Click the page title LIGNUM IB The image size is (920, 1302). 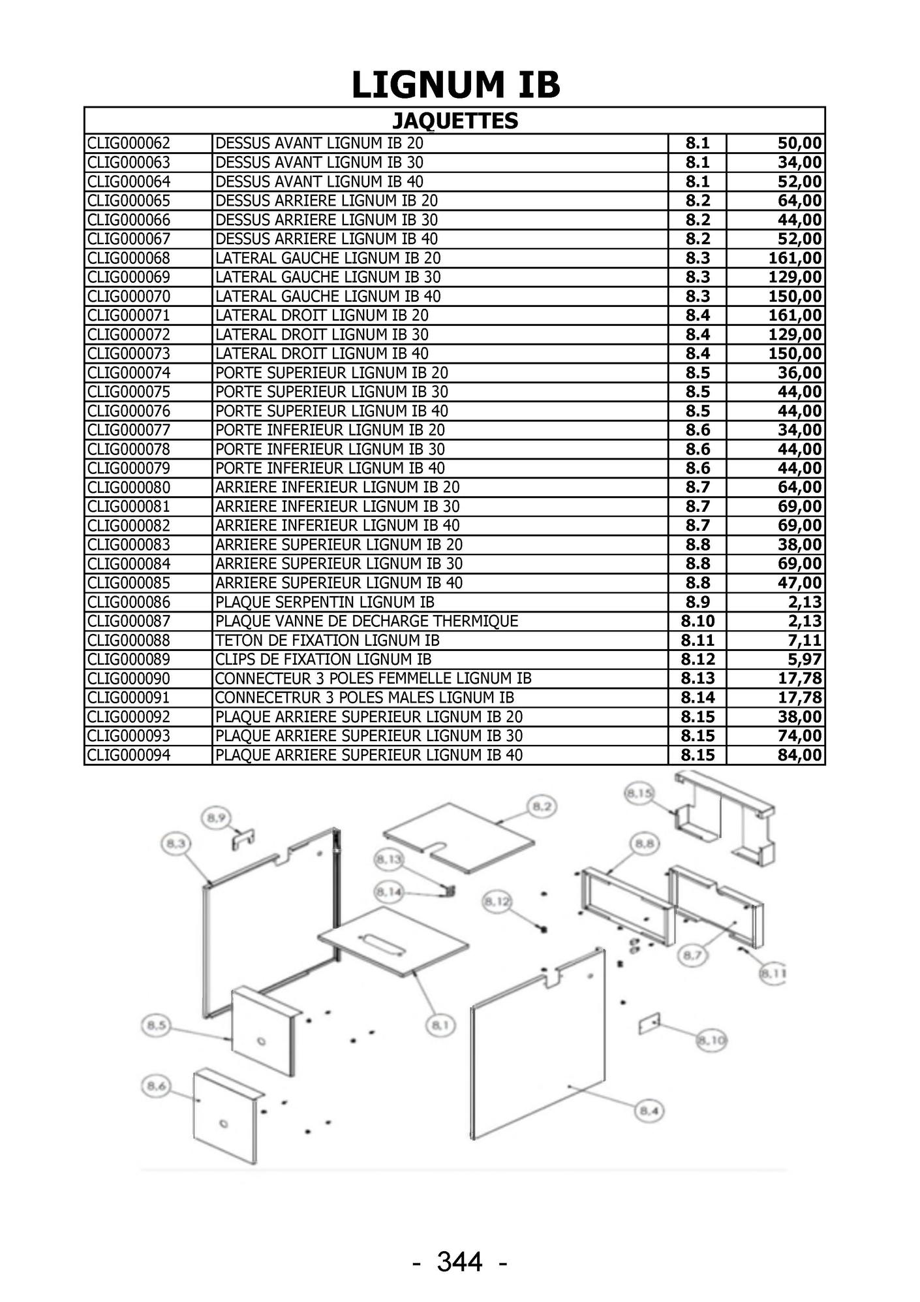[455, 86]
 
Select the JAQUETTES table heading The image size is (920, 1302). [455, 121]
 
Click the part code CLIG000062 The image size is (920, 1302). [129, 144]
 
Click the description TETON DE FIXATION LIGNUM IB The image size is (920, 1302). [328, 641]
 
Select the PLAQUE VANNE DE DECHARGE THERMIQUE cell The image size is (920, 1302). [367, 622]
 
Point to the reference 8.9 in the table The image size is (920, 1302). [698, 602]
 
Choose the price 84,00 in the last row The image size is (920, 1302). [800, 755]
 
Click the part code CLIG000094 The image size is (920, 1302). [129, 755]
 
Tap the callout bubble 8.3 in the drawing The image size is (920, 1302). [176, 844]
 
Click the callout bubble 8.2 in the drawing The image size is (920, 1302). [541, 807]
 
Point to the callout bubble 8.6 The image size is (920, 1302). [155, 1087]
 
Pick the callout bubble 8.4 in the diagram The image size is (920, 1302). [649, 1111]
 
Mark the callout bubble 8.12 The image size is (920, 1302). [497, 902]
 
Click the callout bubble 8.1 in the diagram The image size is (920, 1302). [440, 1026]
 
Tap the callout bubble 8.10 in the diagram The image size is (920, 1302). [711, 1040]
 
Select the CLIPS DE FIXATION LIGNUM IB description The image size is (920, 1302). [324, 659]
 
